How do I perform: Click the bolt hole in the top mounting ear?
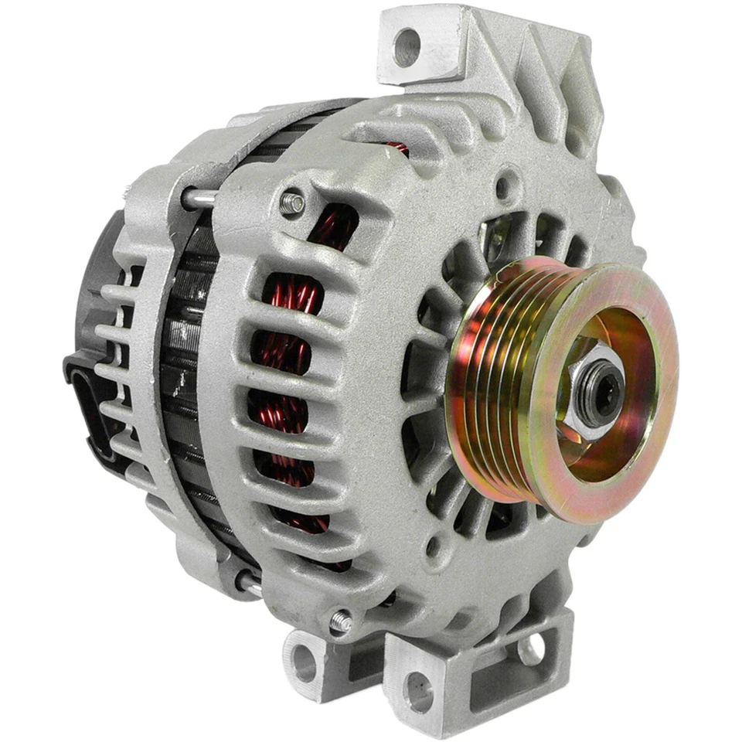coord(407,46)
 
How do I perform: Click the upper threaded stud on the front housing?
coord(292,203)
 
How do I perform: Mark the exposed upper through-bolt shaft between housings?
coord(199,199)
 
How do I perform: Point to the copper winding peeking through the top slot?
coord(397,146)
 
